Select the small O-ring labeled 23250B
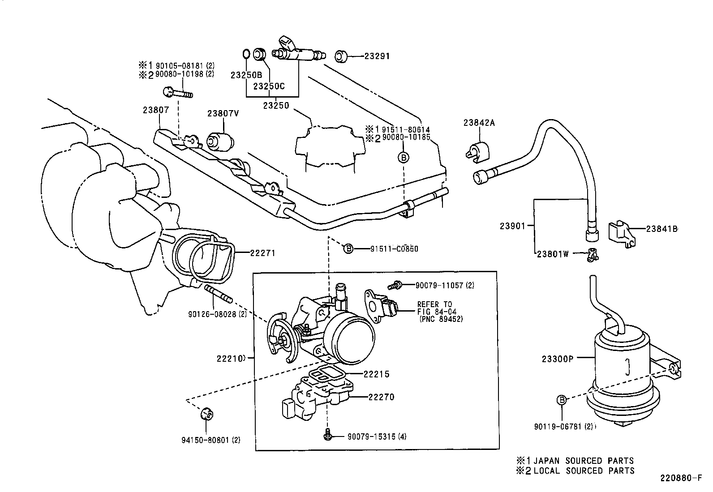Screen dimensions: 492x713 point(246,54)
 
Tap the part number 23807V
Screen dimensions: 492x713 point(223,114)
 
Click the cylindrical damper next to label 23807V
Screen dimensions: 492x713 point(220,141)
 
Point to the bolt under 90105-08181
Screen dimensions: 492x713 point(178,93)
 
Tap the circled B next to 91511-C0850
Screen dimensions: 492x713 point(348,248)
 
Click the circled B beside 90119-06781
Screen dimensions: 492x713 point(562,400)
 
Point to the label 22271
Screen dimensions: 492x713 point(262,253)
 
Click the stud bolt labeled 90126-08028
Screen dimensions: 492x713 point(218,294)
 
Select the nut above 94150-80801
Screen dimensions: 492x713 point(206,414)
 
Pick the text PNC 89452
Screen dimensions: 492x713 point(441,319)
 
